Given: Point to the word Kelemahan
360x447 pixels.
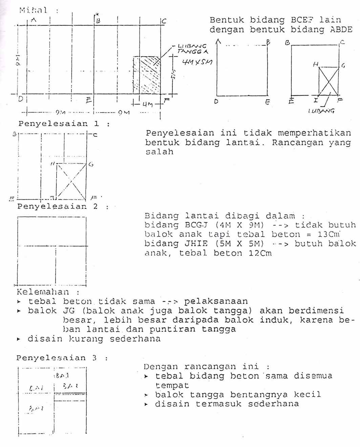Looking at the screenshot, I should click(x=43, y=292).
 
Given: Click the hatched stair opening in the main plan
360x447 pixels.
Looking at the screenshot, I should click(x=147, y=75).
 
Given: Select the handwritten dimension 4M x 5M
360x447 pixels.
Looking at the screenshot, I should click(x=197, y=62).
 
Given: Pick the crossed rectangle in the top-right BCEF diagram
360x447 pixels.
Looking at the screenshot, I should click(x=329, y=81).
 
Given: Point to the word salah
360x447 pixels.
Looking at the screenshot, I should click(x=159, y=152).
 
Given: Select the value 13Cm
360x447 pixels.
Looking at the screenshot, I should click(x=329, y=234).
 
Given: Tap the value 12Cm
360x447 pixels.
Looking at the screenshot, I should click(x=260, y=253).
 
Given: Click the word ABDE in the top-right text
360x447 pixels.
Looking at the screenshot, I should click(x=341, y=29).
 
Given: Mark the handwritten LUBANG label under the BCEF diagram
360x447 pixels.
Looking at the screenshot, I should click(x=321, y=110).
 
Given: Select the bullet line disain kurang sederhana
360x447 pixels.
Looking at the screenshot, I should click(x=94, y=339).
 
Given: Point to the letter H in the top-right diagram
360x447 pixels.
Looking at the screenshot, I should click(x=316, y=64).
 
